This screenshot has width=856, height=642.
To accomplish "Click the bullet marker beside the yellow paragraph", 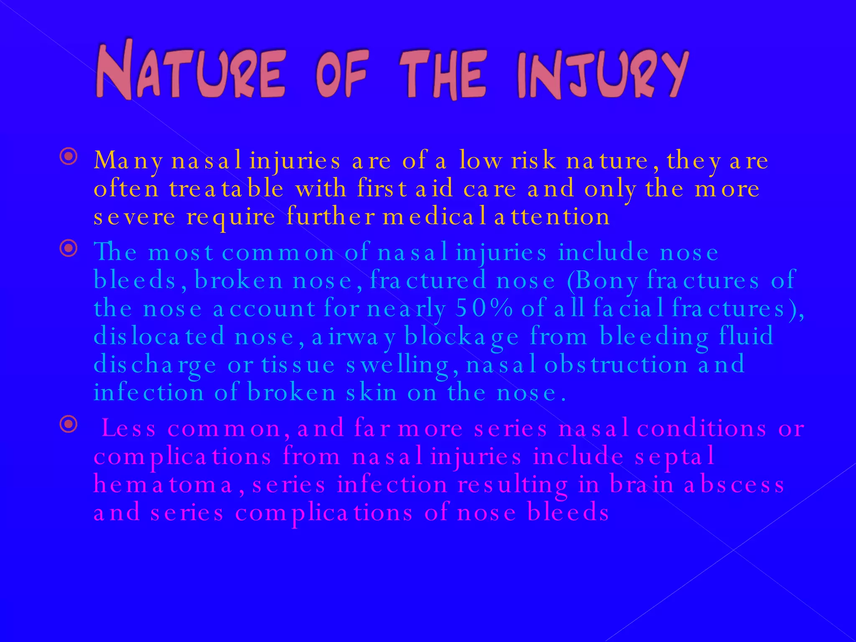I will pyautogui.click(x=69, y=157).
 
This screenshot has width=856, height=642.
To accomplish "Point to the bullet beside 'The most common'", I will pyautogui.click(x=69, y=249).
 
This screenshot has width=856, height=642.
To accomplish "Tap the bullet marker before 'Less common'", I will pyautogui.click(x=69, y=425).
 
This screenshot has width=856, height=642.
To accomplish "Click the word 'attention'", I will pyautogui.click(x=552, y=217).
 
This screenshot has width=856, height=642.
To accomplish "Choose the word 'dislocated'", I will pyautogui.click(x=159, y=336).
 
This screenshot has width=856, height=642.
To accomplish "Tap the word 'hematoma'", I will pyautogui.click(x=163, y=485).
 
